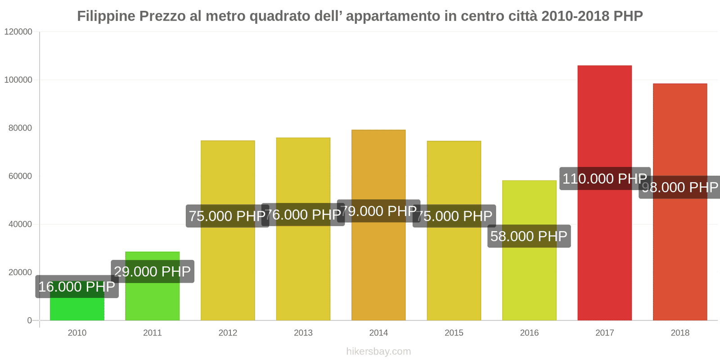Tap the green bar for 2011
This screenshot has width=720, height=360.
tap(152, 301)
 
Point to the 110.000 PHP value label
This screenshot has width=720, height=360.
tap(604, 179)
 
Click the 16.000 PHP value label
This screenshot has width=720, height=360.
tap(77, 287)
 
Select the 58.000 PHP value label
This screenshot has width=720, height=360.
tap(529, 236)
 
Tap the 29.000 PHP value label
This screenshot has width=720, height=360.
tap(152, 271)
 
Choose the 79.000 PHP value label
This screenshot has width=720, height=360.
tap(378, 211)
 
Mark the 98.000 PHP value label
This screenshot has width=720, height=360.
tap(680, 187)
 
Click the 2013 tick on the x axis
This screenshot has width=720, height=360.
tap(303, 333)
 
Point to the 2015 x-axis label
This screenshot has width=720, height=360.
tap(454, 333)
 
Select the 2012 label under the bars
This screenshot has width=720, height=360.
tap(228, 333)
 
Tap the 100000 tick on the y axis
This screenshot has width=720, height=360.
tap(18, 80)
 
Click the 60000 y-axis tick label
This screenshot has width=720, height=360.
tap(20, 176)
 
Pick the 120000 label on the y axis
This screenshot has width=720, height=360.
tap(18, 32)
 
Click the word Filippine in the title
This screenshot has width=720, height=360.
tap(106, 16)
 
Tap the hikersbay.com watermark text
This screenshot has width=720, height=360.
tap(378, 351)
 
